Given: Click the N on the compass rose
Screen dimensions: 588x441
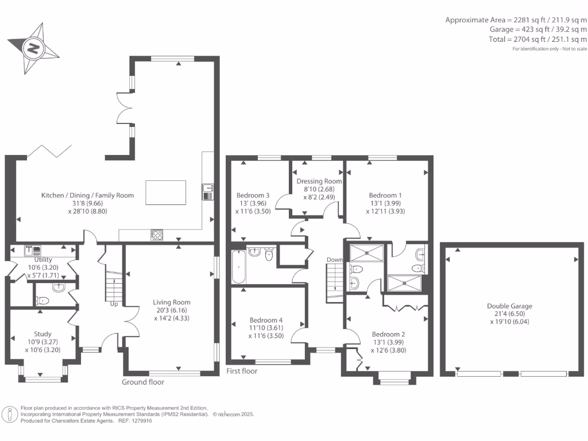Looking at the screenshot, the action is tap(33, 48).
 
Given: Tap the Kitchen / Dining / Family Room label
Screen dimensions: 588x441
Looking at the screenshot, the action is tap(87, 195).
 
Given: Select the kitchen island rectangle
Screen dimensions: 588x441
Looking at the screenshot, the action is tap(166, 193).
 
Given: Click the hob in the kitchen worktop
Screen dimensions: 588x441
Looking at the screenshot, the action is tap(157, 235).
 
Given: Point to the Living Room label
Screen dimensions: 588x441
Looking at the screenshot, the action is tap(171, 302).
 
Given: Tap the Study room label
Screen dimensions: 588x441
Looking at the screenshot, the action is tap(42, 334).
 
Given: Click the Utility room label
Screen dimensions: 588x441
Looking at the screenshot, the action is tap(43, 260).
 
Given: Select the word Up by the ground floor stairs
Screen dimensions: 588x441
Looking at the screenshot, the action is tap(114, 304).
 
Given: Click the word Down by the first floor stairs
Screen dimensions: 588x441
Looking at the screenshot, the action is tap(335, 260).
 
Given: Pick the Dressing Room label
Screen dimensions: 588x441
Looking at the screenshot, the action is tap(319, 181).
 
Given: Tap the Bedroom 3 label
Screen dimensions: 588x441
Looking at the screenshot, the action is tap(253, 195).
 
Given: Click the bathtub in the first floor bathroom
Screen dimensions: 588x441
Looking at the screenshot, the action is tap(239, 267).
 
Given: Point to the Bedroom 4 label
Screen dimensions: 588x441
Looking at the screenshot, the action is tap(266, 320).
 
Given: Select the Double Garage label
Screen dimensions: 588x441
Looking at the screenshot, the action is tap(510, 306).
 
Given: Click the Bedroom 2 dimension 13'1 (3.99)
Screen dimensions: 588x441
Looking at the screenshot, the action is tap(388, 342).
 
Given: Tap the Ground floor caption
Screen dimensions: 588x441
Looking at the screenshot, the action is tap(143, 382).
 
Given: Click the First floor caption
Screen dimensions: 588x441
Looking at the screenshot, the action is tap(242, 372).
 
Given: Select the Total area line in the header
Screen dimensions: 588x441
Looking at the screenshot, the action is tap(537, 40).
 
